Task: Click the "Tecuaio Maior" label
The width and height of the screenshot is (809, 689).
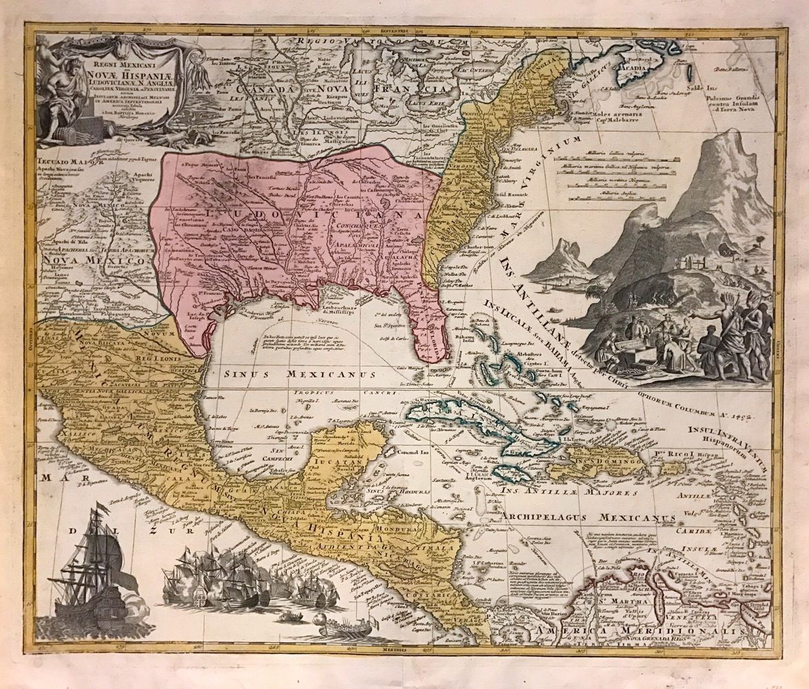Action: point(67,164)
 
